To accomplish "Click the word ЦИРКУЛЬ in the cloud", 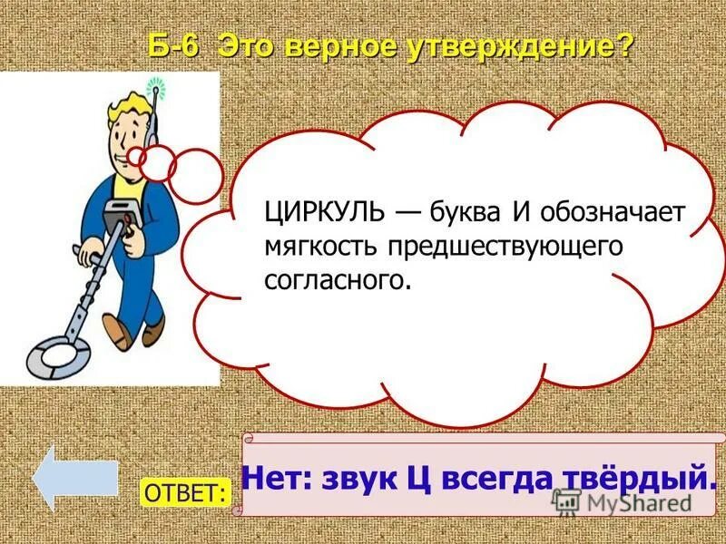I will tap(318, 213).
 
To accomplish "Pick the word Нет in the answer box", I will tap(275, 477).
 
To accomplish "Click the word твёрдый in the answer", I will tap(651, 477).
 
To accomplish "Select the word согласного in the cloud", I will tap(337, 279).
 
